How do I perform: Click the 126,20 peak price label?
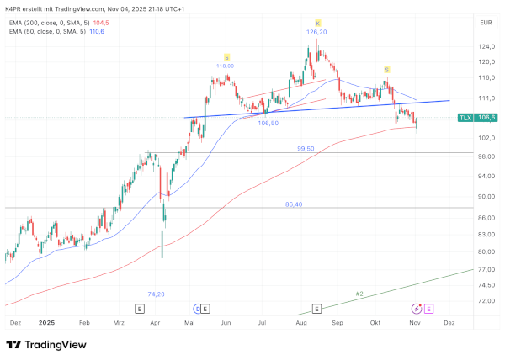click(x=316, y=32)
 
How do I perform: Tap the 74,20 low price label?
click(x=156, y=294)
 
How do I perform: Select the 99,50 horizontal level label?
click(x=306, y=148)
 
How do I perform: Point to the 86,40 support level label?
click(x=294, y=204)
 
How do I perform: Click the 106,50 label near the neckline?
click(x=268, y=123)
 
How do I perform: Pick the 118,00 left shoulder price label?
click(x=225, y=65)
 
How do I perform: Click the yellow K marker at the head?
click(x=318, y=22)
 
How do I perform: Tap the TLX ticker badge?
click(x=464, y=119)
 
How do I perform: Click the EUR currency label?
click(x=485, y=23)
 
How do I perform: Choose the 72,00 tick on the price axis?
click(x=486, y=300)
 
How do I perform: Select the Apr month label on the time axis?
click(x=154, y=322)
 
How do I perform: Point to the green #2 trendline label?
click(x=359, y=294)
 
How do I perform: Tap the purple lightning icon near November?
click(x=416, y=309)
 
